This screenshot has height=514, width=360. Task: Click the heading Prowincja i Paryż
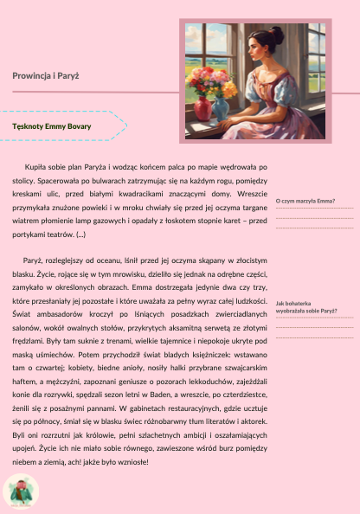46,76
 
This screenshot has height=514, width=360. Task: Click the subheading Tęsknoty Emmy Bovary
52,125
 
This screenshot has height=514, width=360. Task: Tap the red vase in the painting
202,108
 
